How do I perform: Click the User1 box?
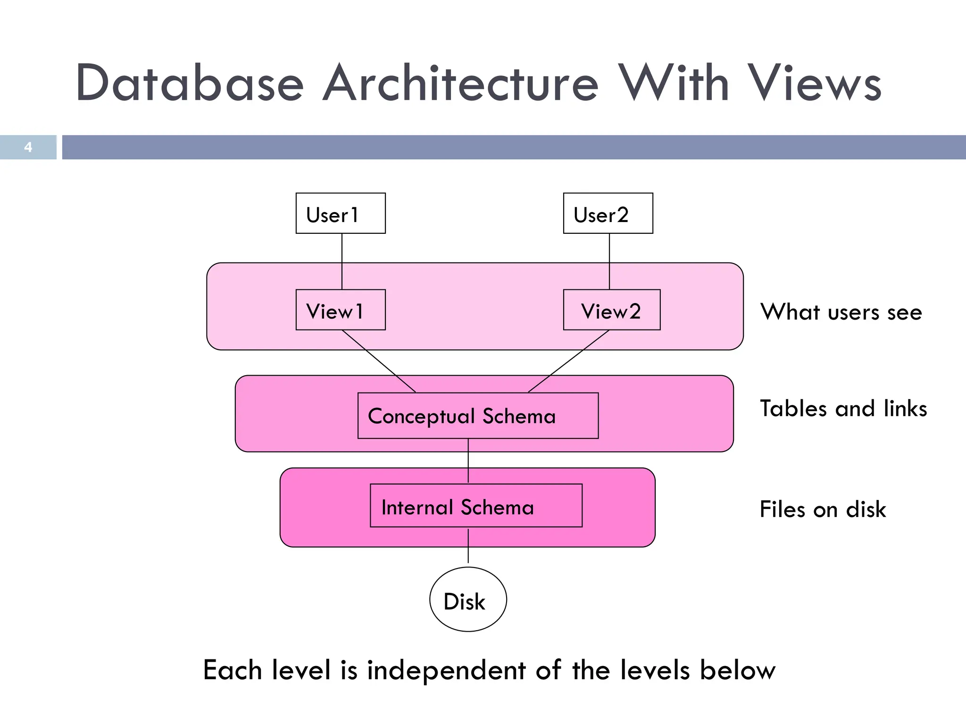341,213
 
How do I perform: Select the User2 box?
608,213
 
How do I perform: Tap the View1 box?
341,310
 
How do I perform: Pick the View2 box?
612,310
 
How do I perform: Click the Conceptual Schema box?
478,416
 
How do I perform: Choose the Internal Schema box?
476,505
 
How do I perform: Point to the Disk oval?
468,599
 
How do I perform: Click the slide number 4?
28,147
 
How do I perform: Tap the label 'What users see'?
841,312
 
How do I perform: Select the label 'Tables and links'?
843,408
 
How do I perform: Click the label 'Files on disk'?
823,509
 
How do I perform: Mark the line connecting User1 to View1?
342,261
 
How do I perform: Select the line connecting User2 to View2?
609,261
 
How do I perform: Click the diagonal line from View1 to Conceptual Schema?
379,361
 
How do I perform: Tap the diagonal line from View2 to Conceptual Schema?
569,361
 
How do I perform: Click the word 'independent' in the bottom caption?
446,670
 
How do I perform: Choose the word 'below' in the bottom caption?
737,670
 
